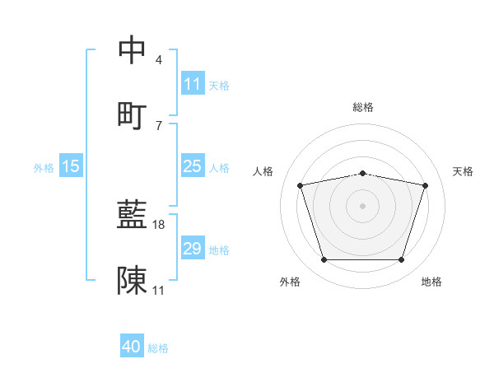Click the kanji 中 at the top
pos(133,50)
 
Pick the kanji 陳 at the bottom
pos(133,280)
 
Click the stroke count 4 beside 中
pos(159,60)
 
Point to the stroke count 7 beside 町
pos(159,124)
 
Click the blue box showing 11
pos(192,84)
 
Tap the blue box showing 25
pos(192,166)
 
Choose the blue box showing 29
pos(192,249)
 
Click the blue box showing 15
pos(71,166)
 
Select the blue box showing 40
pos(132,347)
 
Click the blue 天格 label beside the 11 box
pos(219,85)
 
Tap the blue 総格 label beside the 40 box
pos(158,348)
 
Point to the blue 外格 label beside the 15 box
pos(44,167)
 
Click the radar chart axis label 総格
pos(363,107)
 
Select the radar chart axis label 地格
pos(431,282)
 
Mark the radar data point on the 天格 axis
pos(426,185)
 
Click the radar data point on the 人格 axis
pos(301,185)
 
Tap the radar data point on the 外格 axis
pos(324,260)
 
